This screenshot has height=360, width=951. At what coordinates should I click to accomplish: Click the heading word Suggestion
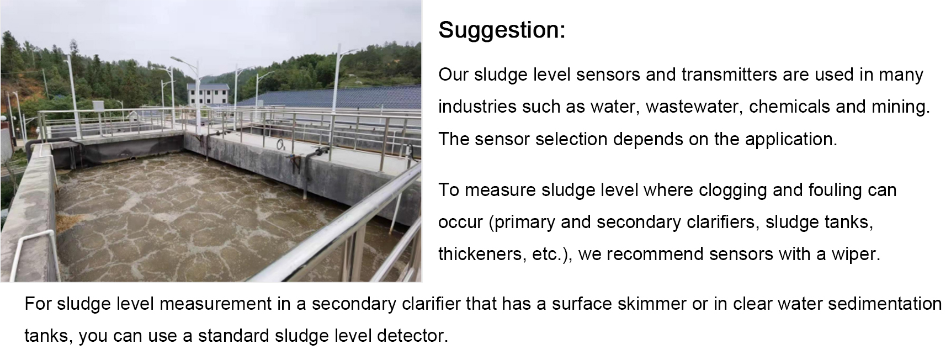tap(502, 30)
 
